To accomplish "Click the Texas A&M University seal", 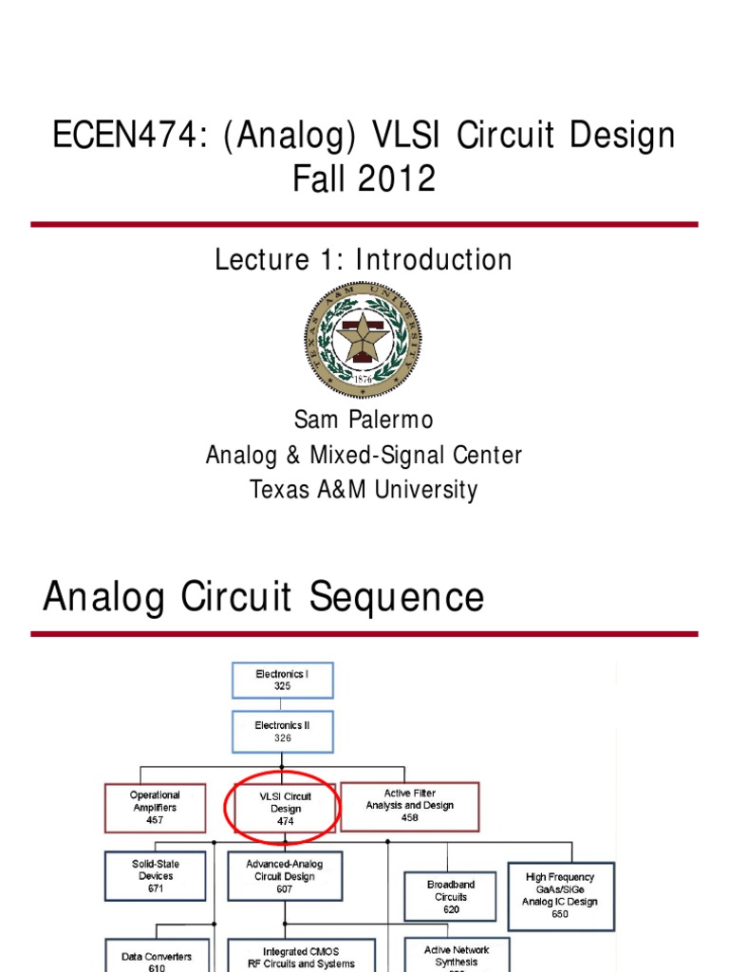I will [363, 339].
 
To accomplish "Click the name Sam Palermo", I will [364, 421].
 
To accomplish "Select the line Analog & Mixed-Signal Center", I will [364, 456].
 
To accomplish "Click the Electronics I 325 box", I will [282, 680].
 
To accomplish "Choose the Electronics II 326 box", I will [282, 731].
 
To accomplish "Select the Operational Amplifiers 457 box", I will [155, 807].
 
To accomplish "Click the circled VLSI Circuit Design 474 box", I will [282, 809].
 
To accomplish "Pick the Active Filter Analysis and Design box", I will [410, 806].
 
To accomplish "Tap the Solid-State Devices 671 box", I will [155, 876].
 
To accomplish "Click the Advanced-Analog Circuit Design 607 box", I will [285, 876].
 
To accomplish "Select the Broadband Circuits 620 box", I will [451, 897].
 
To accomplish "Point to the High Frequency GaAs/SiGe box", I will [560, 895].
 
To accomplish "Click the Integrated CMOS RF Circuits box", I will [301, 956].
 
